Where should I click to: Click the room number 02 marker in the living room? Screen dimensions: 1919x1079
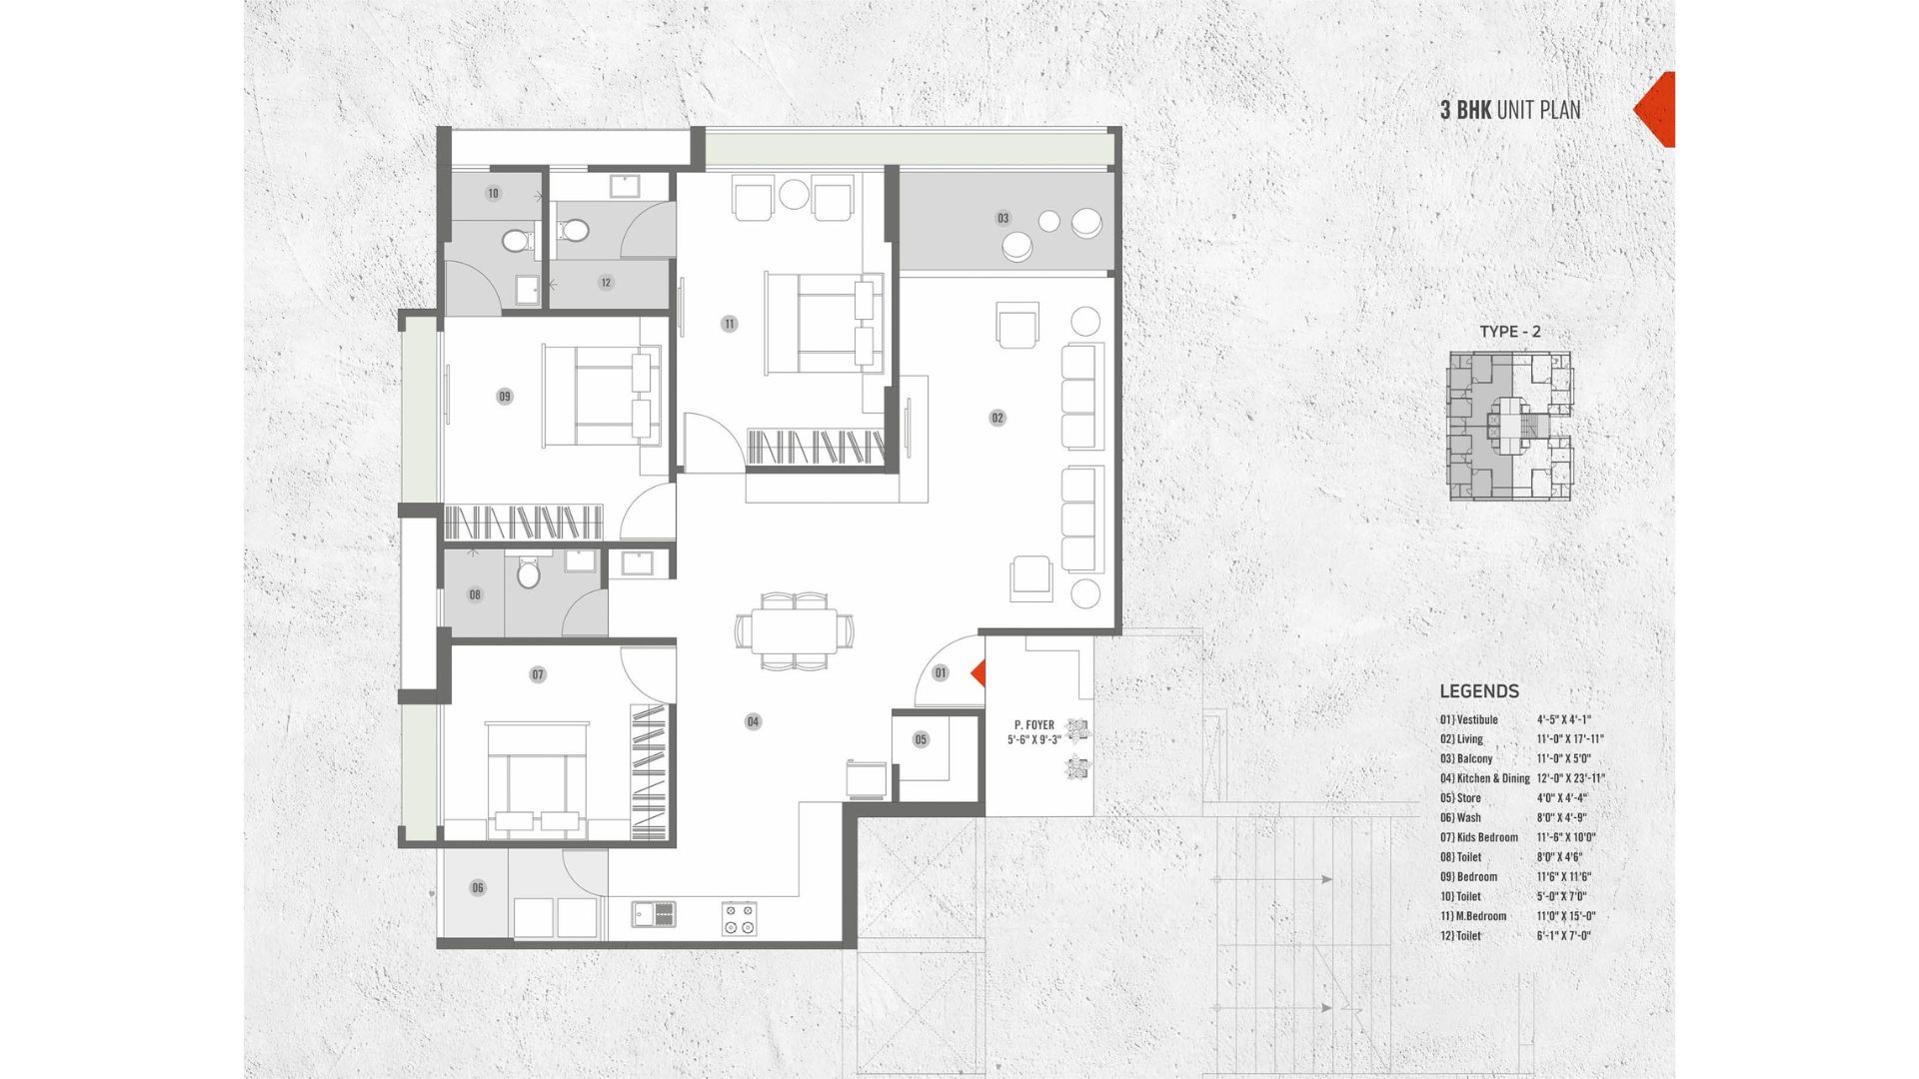point(997,418)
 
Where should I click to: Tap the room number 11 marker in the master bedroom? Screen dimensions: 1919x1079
point(730,324)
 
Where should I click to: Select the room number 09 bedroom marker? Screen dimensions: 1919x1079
point(505,397)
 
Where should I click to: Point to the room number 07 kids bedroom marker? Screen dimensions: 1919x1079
point(538,675)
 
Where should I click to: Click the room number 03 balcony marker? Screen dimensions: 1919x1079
point(1003,218)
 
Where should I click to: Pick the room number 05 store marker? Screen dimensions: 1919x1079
point(921,740)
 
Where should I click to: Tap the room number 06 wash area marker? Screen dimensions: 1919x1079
point(478,887)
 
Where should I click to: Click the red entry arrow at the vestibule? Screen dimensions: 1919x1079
point(979,673)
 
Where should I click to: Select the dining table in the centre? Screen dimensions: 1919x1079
point(796,631)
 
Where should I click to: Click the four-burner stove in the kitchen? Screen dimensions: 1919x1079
point(740,918)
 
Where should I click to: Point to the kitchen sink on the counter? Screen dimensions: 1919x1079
point(654,913)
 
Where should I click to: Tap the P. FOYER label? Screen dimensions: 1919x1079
point(1034,725)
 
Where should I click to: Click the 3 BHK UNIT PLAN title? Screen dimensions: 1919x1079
point(1510,110)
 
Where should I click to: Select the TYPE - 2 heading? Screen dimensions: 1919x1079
point(1510,332)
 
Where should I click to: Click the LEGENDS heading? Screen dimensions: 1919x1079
point(1479,691)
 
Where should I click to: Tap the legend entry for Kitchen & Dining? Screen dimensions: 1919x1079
point(1522,778)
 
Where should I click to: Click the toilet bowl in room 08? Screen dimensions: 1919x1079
point(528,573)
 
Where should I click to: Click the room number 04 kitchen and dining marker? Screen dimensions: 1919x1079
point(753,721)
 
